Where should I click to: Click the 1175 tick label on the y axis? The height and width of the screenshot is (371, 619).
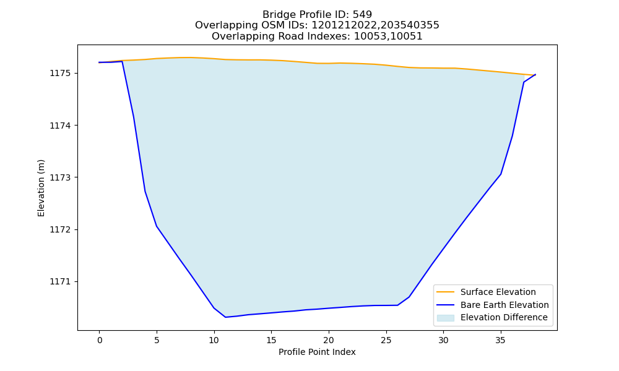[61, 74]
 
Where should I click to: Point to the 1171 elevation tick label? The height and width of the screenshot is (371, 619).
[61, 282]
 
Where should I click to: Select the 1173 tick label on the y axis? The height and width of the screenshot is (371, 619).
[61, 178]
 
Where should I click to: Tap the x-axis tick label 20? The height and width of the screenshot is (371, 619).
[329, 341]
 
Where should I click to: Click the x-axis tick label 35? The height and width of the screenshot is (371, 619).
[501, 341]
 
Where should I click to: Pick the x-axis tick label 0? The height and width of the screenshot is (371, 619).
[100, 341]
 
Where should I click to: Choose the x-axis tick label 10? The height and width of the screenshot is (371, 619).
[214, 341]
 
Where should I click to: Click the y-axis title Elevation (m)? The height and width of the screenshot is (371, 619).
[41, 188]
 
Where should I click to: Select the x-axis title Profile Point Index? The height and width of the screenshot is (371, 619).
[317, 352]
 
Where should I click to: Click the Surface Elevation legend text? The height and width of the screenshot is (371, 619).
[498, 292]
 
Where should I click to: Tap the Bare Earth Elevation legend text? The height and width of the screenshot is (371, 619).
[504, 305]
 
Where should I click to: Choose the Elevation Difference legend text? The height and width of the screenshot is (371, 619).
[504, 317]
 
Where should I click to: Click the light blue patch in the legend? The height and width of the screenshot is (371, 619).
[445, 318]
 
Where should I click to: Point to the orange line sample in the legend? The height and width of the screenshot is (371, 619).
[445, 292]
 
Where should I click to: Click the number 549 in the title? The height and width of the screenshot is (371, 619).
[362, 15]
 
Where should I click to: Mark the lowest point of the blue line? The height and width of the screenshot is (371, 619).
[225, 317]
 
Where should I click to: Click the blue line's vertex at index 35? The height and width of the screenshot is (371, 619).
[501, 174]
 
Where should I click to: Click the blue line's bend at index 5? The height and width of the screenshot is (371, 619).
[157, 226]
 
